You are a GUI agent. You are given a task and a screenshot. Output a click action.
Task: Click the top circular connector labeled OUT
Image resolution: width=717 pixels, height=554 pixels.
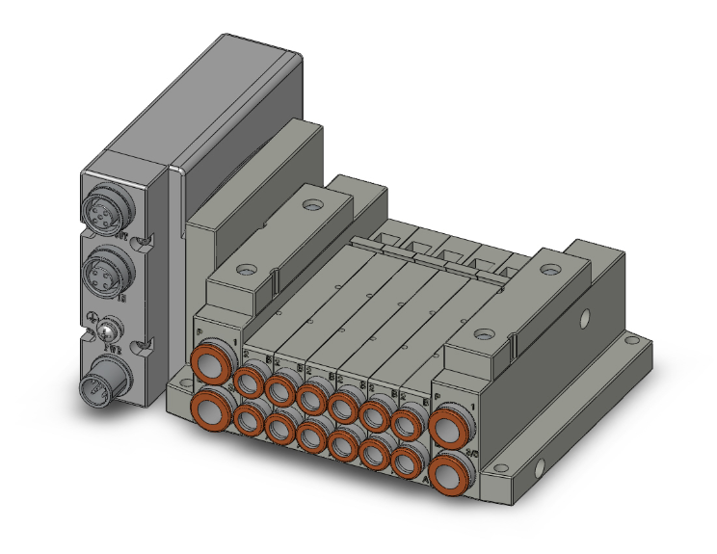tap(103, 213)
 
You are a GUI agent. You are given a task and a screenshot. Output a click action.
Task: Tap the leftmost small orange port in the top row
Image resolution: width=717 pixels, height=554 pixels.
tap(250, 383)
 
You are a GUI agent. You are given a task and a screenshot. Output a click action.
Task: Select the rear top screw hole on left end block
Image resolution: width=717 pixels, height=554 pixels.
tap(311, 206)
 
